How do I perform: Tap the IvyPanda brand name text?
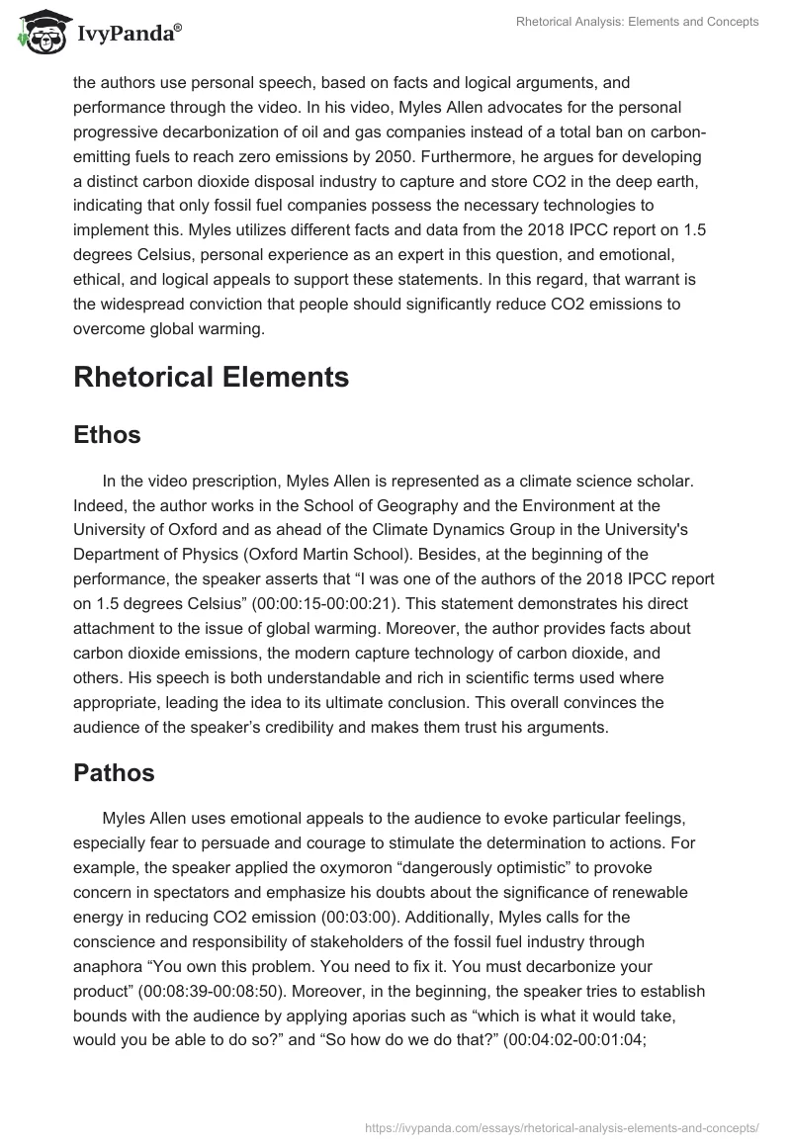point(128,34)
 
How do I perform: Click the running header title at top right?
point(637,22)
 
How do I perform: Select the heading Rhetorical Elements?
point(211,377)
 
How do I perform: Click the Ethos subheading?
point(107,435)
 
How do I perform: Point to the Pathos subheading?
point(114,773)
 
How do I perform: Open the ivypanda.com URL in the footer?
point(562,1126)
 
